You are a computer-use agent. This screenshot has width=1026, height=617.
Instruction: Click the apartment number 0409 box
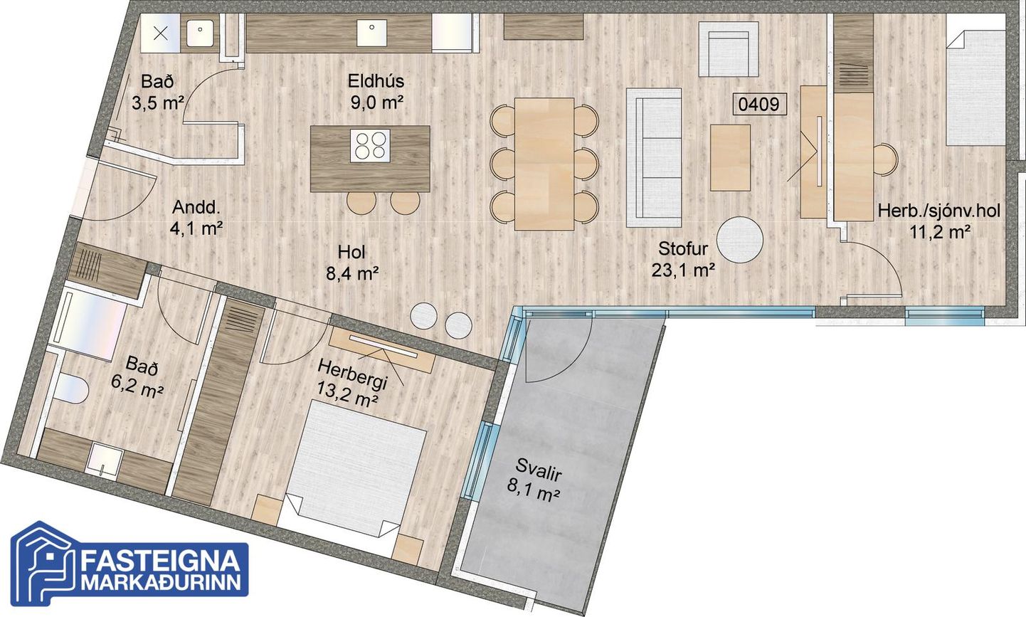point(759,104)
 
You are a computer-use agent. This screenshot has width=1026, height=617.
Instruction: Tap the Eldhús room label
point(376,81)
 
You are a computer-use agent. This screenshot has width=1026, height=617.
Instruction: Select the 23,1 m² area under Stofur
point(683,270)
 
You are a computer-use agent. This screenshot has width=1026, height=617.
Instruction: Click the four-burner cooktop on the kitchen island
point(370,146)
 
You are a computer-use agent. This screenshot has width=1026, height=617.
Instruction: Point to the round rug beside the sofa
point(740,240)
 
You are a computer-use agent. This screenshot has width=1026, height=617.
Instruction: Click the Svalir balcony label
point(538,468)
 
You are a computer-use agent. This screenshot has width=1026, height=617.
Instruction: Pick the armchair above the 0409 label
point(729,49)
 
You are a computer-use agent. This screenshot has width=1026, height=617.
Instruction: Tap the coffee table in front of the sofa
point(730,157)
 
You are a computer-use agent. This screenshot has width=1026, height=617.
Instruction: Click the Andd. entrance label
point(196,208)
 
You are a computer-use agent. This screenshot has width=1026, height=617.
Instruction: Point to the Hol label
point(351,252)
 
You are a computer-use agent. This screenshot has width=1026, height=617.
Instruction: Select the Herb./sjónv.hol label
point(939,211)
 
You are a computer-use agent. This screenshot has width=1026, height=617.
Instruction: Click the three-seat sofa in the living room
point(654,157)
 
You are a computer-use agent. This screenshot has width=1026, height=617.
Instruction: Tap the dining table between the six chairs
point(544,164)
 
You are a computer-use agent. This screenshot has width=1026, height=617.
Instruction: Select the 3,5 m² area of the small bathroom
point(158,103)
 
